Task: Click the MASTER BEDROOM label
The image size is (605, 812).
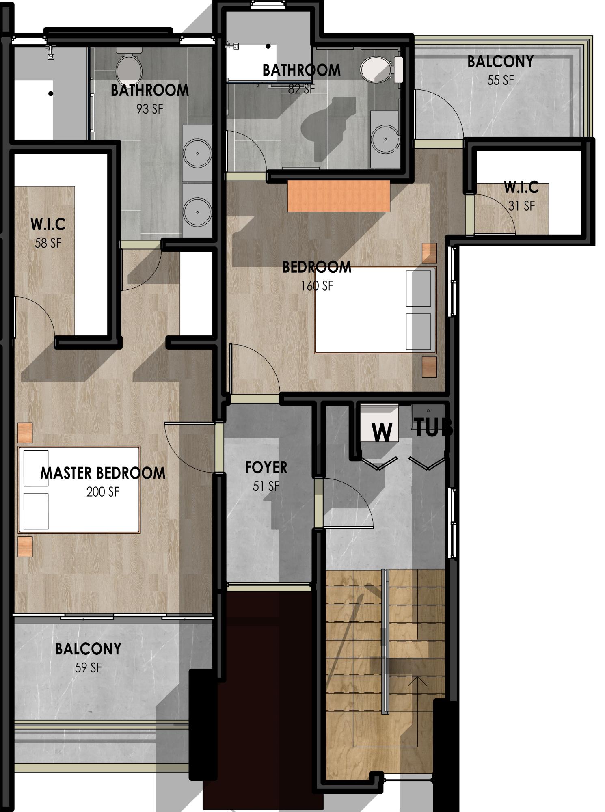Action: (103, 473)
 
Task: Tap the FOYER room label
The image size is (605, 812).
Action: (266, 467)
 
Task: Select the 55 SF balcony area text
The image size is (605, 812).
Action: (501, 80)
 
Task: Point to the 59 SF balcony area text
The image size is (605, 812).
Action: (88, 667)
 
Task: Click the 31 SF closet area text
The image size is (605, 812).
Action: (521, 206)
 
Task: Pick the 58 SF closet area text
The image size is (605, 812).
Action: (48, 243)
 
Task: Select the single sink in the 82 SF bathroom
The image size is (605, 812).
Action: (384, 139)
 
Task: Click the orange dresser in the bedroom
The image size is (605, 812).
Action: (339, 196)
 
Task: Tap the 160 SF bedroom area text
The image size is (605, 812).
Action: (317, 286)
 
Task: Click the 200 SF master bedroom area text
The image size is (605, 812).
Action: (103, 492)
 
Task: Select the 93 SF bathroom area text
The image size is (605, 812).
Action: (149, 109)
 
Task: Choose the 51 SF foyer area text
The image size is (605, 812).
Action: (266, 486)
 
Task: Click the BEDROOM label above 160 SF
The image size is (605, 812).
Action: (317, 267)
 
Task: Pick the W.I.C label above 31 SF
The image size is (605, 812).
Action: (521, 187)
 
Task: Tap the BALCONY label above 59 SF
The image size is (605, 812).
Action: (88, 649)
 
